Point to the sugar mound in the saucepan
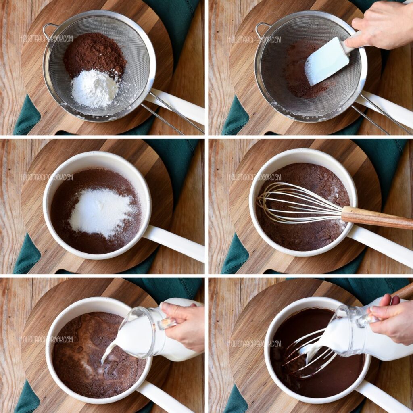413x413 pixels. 101,212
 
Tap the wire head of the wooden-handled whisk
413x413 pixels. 298,204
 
